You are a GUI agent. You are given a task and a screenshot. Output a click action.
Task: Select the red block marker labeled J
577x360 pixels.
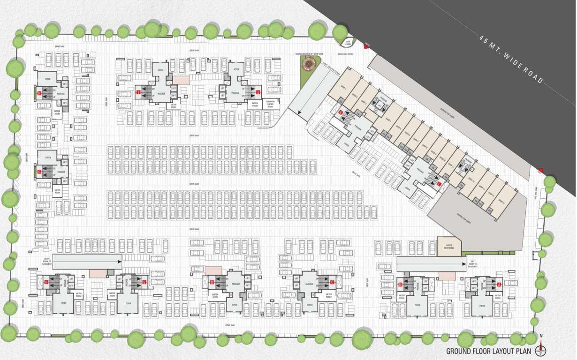(x=258, y=92)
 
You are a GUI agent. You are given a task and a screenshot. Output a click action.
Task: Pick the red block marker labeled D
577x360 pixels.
(x=212, y=282)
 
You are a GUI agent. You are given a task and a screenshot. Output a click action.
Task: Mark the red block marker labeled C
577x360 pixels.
(x=332, y=282)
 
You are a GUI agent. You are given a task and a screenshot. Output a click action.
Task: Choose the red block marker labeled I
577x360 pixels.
(x=138, y=93)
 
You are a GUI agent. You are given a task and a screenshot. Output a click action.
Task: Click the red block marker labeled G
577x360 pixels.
(x=40, y=172)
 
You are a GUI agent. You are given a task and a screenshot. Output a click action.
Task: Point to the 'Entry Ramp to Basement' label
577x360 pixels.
(x=47, y=261)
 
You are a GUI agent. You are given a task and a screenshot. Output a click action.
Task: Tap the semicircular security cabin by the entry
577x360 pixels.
(x=348, y=43)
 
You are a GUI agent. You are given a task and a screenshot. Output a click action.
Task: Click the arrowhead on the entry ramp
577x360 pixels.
(x=119, y=262)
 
